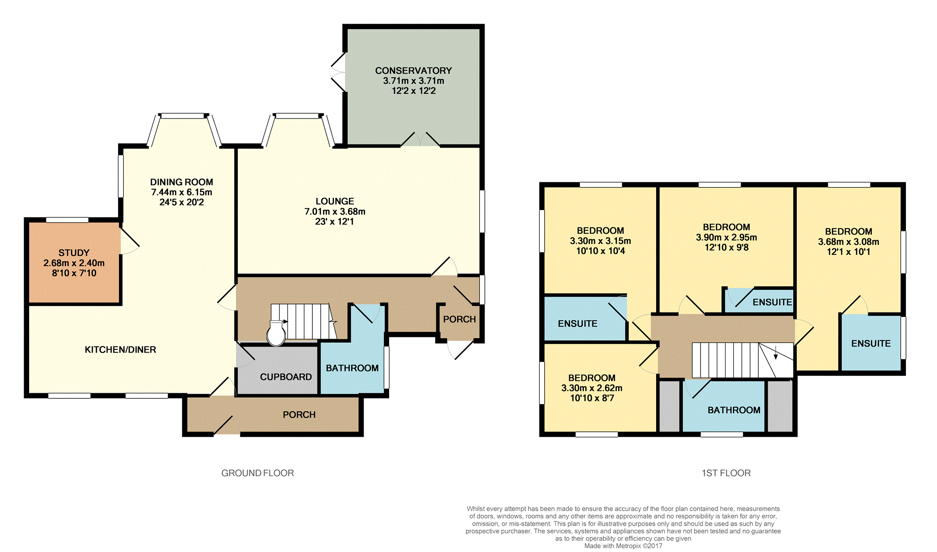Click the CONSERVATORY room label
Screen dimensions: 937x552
pyautogui.click(x=413, y=71)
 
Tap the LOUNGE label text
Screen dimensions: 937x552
pyautogui.click(x=335, y=201)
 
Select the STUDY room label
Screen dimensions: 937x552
pyautogui.click(x=74, y=253)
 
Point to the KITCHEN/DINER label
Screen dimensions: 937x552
pyautogui.click(x=120, y=350)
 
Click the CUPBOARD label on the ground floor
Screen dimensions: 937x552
pyautogui.click(x=286, y=377)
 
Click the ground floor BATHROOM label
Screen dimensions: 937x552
pyautogui.click(x=352, y=368)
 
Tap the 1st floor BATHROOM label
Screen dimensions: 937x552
pyautogui.click(x=734, y=410)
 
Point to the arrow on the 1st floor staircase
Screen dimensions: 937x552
pyautogui.click(x=776, y=353)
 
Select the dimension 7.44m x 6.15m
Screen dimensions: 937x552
pyautogui.click(x=181, y=192)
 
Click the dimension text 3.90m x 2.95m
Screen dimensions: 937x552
pyautogui.click(x=726, y=237)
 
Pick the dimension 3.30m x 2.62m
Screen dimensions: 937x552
pyautogui.click(x=592, y=388)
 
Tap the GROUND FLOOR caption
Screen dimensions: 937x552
pyautogui.click(x=258, y=473)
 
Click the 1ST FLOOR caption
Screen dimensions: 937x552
pyautogui.click(x=726, y=473)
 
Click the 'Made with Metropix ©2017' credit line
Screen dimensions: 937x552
pyautogui.click(x=623, y=546)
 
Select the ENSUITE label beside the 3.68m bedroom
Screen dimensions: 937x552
pyautogui.click(x=871, y=344)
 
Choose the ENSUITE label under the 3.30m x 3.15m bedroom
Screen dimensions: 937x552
pyautogui.click(x=577, y=324)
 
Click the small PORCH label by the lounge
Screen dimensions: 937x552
pyautogui.click(x=459, y=319)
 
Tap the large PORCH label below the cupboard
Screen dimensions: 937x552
pyautogui.click(x=299, y=415)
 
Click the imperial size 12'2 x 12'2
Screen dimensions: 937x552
pyautogui.click(x=414, y=91)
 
